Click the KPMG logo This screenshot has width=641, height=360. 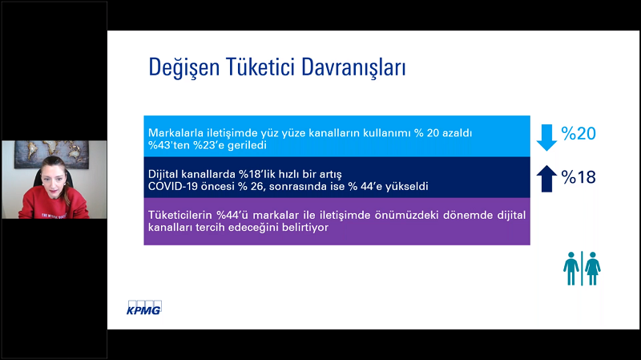(x=144, y=308)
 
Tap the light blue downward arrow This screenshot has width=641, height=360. (x=546, y=137)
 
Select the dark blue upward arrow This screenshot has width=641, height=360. (x=546, y=179)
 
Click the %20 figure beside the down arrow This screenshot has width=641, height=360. (x=579, y=133)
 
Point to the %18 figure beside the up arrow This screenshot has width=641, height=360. (x=579, y=177)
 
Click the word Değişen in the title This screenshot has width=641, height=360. (x=184, y=68)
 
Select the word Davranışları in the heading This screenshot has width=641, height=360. (x=353, y=68)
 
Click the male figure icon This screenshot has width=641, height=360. (x=570, y=269)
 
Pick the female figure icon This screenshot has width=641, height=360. (x=592, y=269)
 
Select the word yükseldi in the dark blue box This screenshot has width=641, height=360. (x=409, y=187)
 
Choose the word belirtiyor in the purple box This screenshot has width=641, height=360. (x=306, y=228)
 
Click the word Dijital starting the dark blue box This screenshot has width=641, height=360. (x=163, y=174)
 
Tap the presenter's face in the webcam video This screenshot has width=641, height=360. (x=52, y=176)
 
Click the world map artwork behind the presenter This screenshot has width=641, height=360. (x=52, y=153)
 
